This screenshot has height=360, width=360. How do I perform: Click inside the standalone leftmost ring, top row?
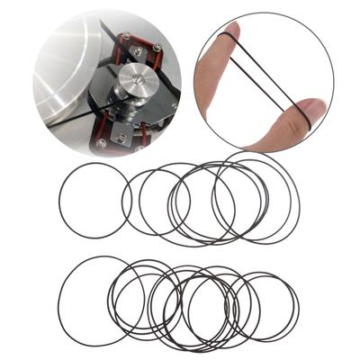coord(95,200)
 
